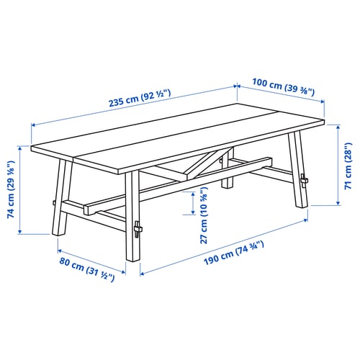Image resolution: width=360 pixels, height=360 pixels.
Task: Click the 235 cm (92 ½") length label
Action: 129,98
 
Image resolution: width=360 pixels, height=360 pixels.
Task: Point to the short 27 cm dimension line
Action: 194,204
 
